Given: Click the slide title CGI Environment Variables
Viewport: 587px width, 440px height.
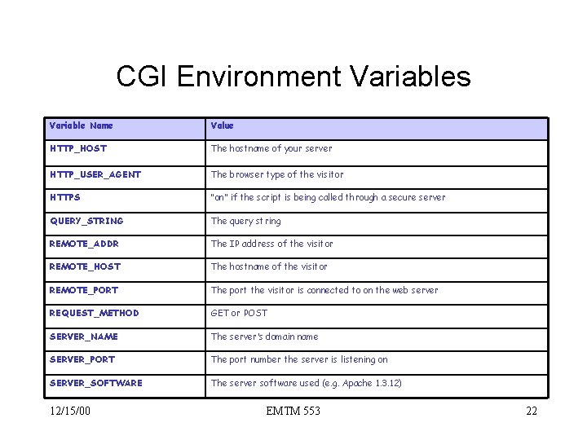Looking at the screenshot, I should click(293, 77).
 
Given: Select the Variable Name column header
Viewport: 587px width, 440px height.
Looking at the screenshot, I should click(81, 125).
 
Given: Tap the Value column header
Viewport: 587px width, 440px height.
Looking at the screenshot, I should click(222, 125).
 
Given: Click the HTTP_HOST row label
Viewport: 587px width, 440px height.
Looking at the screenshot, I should click(77, 148).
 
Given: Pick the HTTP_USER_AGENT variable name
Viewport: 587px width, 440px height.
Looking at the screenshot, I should click(95, 174).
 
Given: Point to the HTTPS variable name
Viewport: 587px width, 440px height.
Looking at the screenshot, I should click(65, 197).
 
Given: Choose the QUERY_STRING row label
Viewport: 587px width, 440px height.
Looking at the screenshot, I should click(86, 221).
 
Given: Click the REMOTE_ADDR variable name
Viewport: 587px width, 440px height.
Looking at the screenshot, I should click(84, 244).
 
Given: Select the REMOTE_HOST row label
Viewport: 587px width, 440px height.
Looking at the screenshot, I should click(85, 266).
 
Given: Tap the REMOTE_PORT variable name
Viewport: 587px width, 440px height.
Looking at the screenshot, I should click(83, 290).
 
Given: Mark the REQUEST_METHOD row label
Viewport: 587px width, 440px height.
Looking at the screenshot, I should click(94, 313).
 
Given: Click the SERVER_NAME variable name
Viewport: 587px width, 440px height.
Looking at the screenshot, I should click(83, 337).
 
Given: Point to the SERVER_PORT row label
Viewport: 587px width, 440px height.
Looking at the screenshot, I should click(82, 359).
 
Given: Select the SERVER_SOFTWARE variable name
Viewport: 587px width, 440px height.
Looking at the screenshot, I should click(95, 383).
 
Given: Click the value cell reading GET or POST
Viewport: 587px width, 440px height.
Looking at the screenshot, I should click(239, 313).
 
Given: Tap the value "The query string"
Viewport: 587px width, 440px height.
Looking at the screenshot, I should click(245, 221).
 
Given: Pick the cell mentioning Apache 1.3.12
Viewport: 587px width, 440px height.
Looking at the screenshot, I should click(306, 383).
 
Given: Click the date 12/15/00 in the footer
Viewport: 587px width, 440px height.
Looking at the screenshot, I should click(69, 411).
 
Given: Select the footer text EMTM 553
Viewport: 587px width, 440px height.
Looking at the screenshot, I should click(293, 411).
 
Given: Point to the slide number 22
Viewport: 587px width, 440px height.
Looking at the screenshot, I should click(531, 411).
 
